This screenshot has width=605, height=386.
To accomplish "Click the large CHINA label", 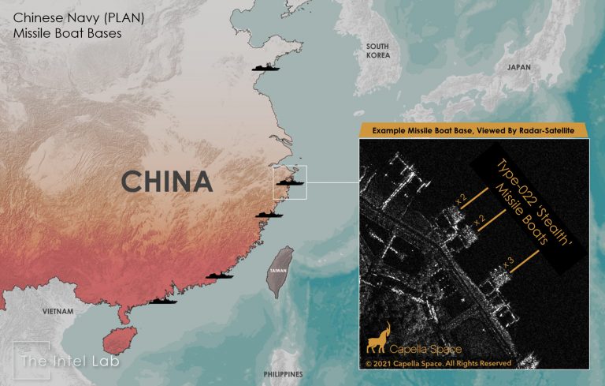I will (167, 182).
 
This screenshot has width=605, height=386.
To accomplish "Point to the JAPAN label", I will (519, 68).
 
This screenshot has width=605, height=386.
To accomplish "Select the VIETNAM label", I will (59, 311).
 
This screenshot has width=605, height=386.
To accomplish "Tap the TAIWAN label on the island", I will (278, 270).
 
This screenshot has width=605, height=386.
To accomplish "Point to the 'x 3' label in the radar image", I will (507, 260).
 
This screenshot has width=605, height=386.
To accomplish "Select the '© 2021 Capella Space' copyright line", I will (438, 363).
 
